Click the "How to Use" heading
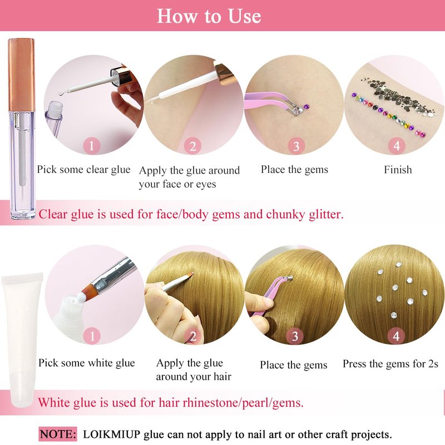[x=209, y=16]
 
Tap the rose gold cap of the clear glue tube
[x=22, y=75]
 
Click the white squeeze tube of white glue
[x=21, y=339]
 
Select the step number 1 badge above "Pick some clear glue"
[x=92, y=146]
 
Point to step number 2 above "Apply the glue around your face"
[x=192, y=146]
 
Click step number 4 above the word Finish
[x=397, y=146]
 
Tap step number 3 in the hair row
[x=295, y=337]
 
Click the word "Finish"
[x=398, y=170]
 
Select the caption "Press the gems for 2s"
[x=390, y=364]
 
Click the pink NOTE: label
[x=58, y=434]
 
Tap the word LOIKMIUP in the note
[x=112, y=434]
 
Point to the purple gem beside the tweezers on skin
[x=305, y=107]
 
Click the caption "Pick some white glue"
[x=87, y=363]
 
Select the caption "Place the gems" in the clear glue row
[x=295, y=170]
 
